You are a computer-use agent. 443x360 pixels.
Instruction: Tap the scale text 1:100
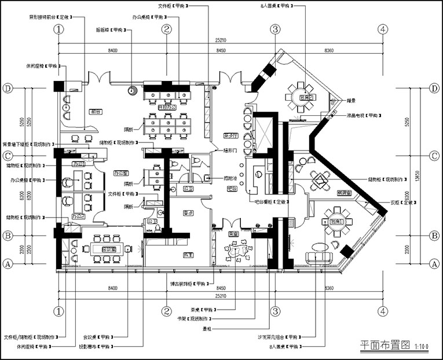(422, 347)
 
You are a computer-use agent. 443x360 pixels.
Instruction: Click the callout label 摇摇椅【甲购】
(110, 30)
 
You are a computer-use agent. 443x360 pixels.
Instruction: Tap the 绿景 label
(351, 101)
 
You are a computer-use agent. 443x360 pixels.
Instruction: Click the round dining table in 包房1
(335, 221)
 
